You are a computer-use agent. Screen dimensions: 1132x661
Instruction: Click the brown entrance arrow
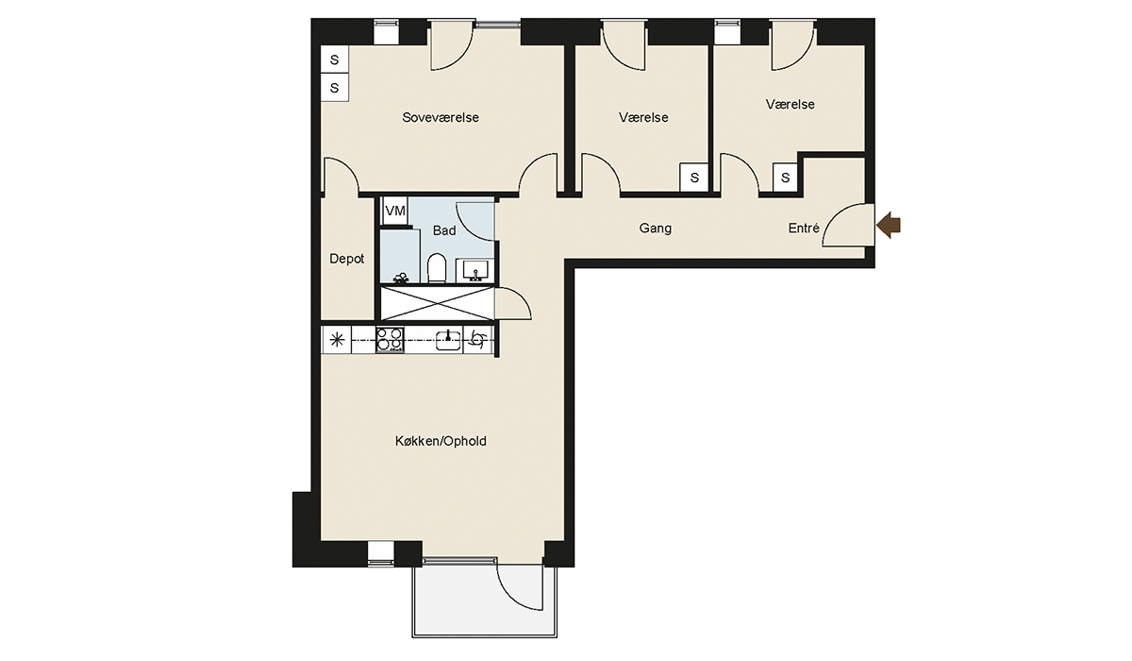[x=889, y=225]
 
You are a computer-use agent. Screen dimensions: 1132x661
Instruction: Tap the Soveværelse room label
[x=441, y=117]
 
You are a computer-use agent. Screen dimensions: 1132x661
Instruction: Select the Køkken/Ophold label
[x=441, y=441]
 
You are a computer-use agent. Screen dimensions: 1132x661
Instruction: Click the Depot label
[x=347, y=259]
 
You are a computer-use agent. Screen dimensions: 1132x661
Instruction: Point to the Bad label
[x=444, y=230]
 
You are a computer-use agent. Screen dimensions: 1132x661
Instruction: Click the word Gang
[x=656, y=229]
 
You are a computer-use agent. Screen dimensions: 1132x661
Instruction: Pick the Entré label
[x=804, y=229]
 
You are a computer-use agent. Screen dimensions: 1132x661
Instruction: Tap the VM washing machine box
[x=395, y=211]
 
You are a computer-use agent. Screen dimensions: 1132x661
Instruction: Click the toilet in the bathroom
[x=436, y=267]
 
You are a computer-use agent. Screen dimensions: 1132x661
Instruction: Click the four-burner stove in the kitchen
[x=390, y=339]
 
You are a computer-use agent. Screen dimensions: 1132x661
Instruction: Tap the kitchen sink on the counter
[x=448, y=339]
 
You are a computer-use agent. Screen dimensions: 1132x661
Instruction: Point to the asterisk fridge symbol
[x=337, y=339]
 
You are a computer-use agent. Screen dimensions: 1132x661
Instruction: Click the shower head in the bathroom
[x=401, y=278]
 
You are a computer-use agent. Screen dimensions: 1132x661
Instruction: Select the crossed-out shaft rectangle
[x=437, y=303]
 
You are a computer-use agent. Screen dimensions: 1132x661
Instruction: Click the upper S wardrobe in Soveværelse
[x=335, y=59]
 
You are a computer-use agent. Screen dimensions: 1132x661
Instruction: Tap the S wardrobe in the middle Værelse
[x=694, y=178]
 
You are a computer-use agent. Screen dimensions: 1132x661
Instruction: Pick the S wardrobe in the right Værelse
[x=785, y=178]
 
